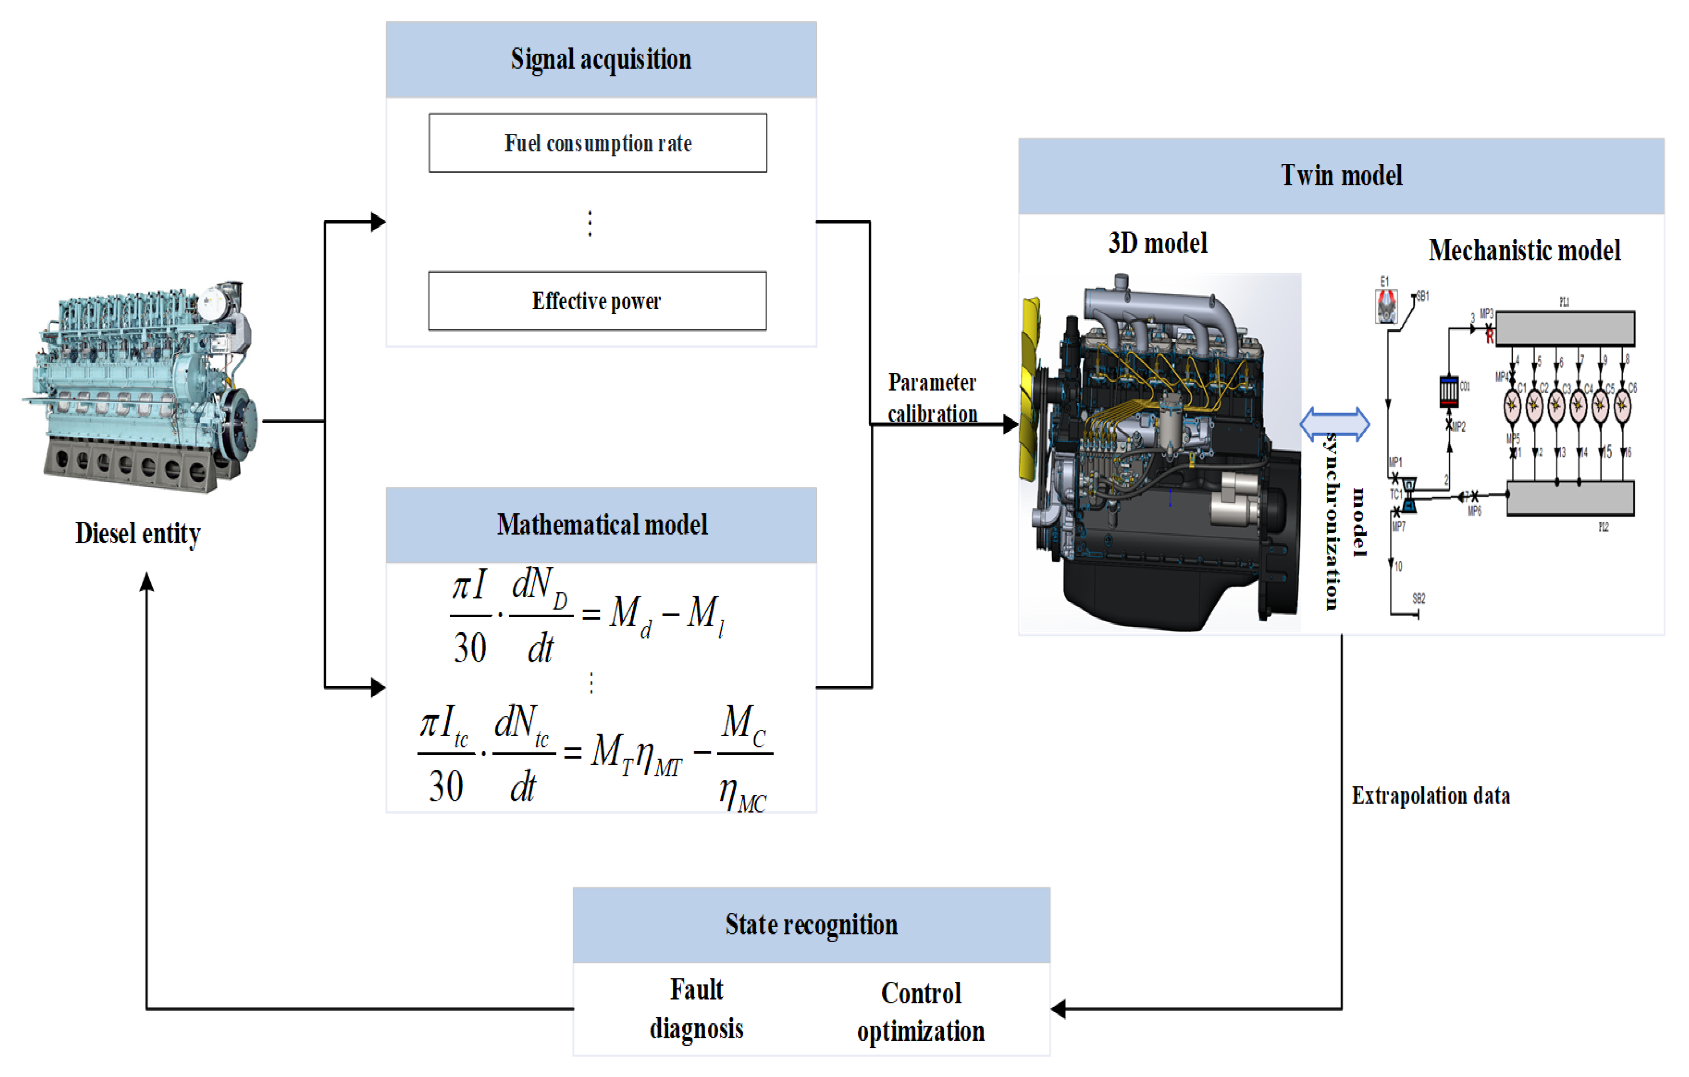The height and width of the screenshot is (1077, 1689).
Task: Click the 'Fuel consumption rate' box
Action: click(x=598, y=143)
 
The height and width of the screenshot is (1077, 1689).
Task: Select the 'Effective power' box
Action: click(x=597, y=301)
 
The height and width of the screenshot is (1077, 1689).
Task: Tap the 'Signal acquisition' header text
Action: click(x=601, y=59)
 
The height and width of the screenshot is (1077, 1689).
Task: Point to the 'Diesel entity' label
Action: click(x=138, y=533)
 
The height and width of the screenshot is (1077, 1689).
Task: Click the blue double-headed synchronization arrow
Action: click(x=1334, y=424)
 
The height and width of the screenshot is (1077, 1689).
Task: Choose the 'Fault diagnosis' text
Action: click(x=697, y=1009)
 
